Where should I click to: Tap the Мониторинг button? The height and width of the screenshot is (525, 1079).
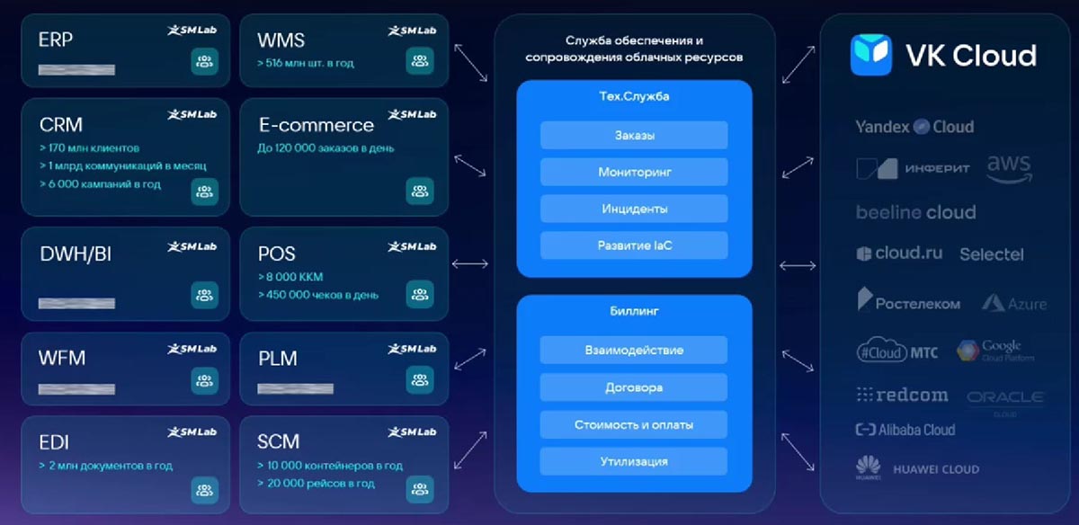634,172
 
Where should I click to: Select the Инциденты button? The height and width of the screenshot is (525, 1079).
634,209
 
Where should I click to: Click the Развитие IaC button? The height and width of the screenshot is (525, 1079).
634,245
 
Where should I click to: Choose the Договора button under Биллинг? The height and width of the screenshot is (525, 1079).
634,387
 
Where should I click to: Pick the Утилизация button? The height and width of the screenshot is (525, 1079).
634,461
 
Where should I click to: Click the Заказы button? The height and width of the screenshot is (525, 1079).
634,136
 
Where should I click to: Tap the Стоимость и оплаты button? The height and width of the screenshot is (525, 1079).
634,424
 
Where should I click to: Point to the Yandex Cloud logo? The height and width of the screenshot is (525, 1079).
914,127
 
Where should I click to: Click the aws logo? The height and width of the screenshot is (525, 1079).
1009,167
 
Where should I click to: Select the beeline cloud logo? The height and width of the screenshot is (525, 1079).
915,213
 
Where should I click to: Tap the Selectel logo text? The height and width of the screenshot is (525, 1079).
991,254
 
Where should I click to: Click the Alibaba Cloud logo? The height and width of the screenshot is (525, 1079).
905,430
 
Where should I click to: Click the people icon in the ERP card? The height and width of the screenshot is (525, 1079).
205,62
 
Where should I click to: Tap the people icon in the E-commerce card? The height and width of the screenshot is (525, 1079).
419,191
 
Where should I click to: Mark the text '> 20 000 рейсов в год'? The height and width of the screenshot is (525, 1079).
316,483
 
